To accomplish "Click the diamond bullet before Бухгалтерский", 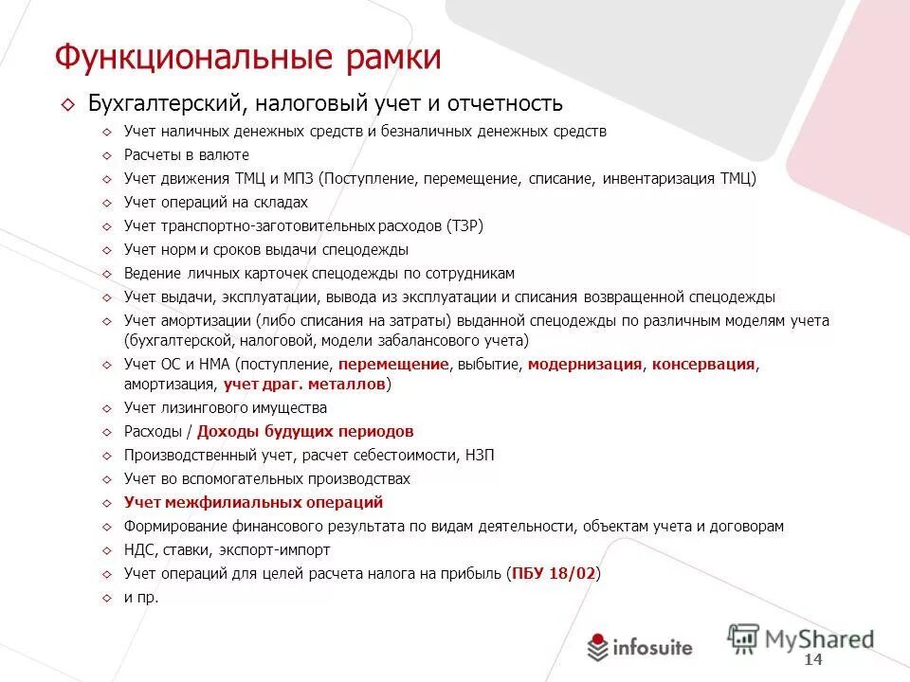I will click(x=66, y=103).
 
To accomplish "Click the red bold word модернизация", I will click(x=585, y=364).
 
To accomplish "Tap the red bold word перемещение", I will click(x=392, y=364).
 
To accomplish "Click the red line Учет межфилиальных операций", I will click(x=253, y=502).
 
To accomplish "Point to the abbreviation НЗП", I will click(x=480, y=455).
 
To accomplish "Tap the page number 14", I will click(x=812, y=659).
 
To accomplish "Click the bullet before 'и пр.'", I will click(x=106, y=598).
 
